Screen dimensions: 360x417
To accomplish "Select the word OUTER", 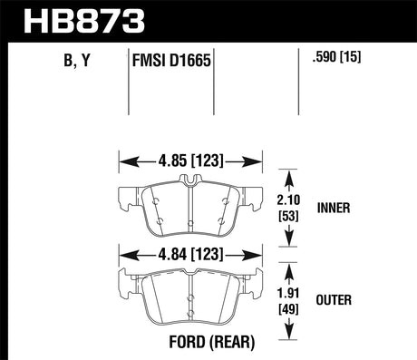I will click(x=336, y=300).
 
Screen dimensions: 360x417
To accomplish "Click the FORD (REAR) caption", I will click(x=190, y=345).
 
